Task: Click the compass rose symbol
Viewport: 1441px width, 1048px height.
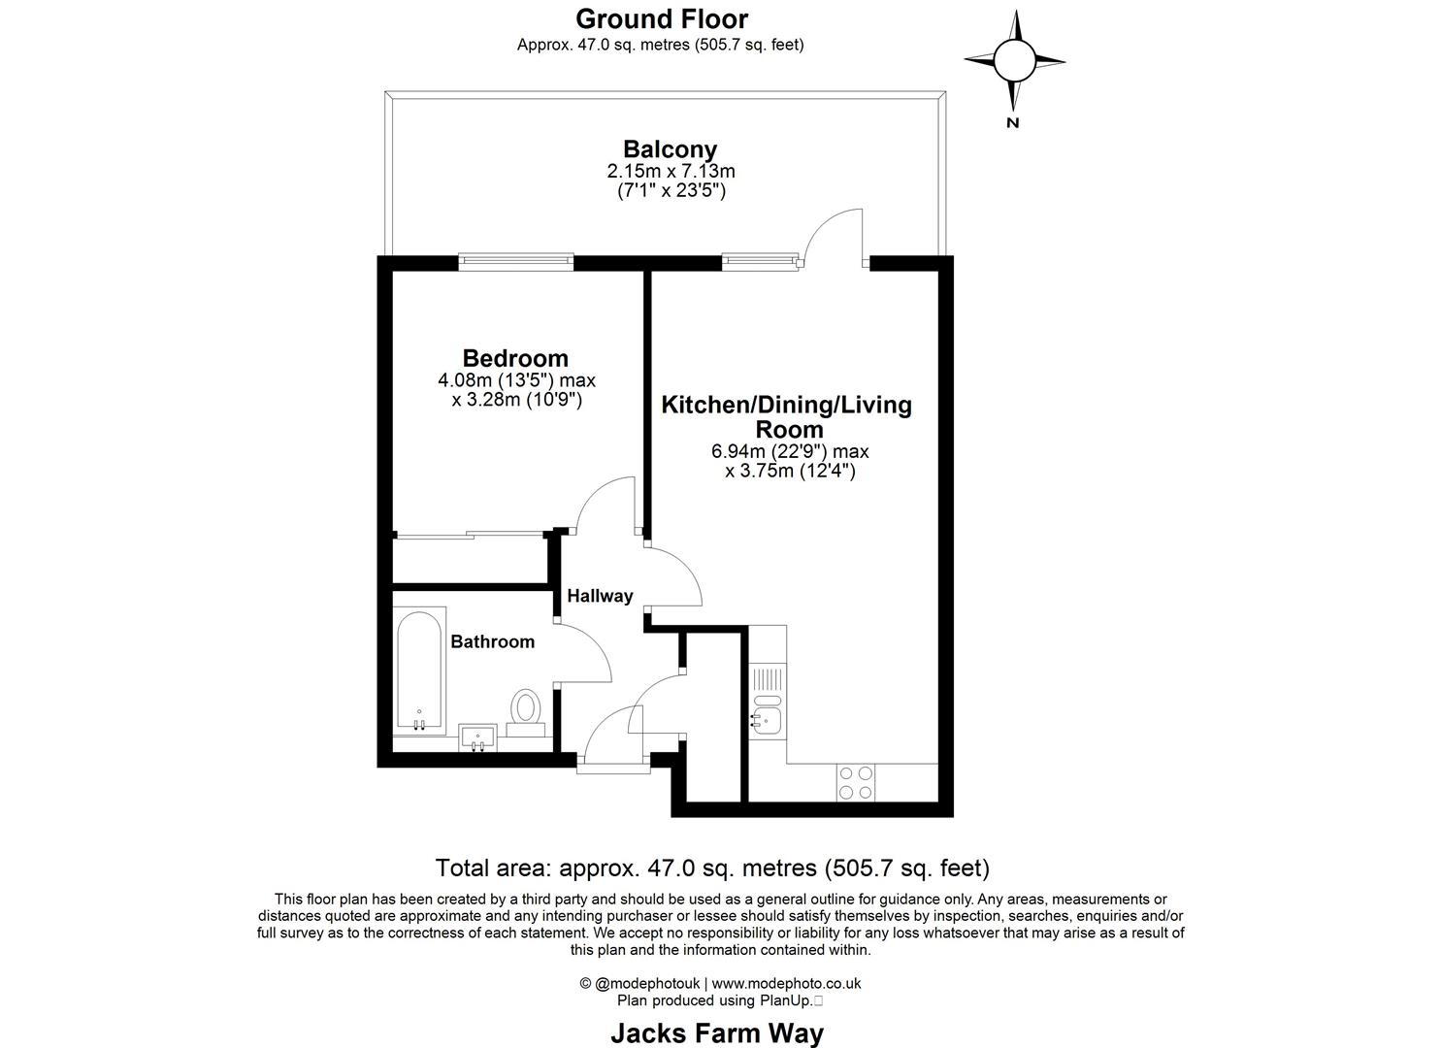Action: [x=1014, y=60]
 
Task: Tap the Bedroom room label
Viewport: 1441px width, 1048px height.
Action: [x=515, y=358]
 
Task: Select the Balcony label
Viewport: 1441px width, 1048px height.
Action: [x=670, y=149]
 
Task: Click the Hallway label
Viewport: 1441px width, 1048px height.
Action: [x=600, y=596]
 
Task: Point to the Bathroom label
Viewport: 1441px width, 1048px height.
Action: [x=492, y=641]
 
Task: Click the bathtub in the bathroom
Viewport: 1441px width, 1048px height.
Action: [x=420, y=671]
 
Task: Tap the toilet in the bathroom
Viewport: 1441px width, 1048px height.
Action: [x=526, y=709]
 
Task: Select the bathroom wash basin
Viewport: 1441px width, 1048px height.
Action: [x=477, y=737]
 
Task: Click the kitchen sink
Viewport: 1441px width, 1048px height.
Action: [x=767, y=719]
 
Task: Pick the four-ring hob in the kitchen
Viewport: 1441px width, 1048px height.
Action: [x=855, y=782]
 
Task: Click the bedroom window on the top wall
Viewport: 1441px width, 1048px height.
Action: [x=516, y=260]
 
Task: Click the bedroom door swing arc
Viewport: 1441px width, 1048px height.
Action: [x=606, y=504]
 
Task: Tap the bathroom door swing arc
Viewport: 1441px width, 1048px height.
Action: [x=585, y=651]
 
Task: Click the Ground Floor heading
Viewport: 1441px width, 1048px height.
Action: [x=662, y=18]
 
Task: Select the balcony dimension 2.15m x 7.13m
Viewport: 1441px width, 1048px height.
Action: [x=671, y=172]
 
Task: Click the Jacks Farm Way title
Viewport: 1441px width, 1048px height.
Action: [x=716, y=1033]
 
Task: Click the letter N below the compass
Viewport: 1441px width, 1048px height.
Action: [x=1013, y=122]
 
